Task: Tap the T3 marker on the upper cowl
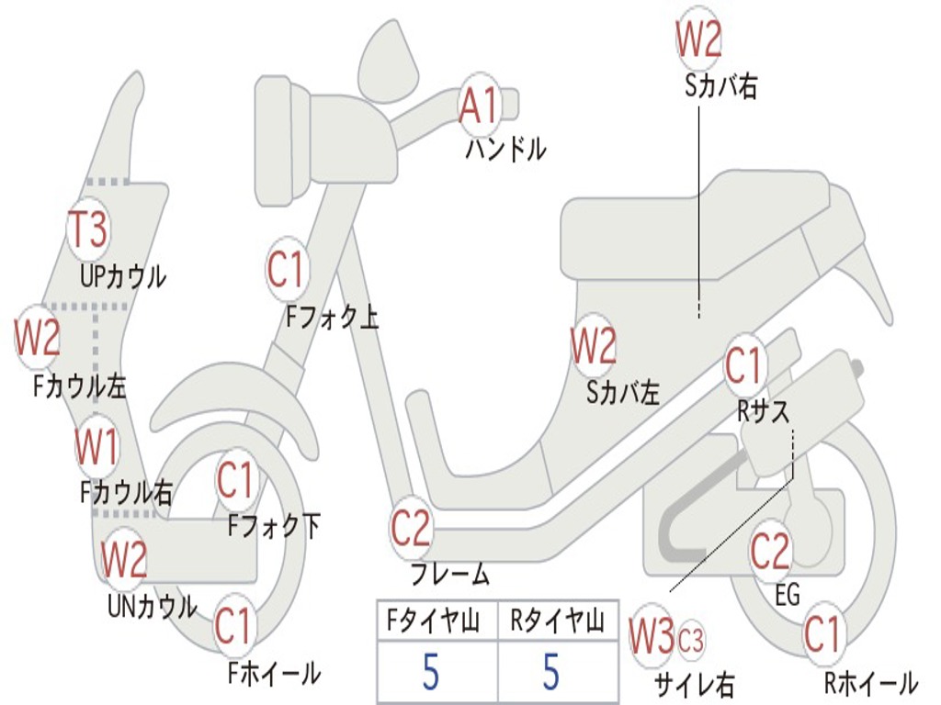[x=90, y=229]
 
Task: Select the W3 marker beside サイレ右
[x=652, y=637]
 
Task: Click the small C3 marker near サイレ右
[x=690, y=639]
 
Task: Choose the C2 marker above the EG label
[x=770, y=550]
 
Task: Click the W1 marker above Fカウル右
[x=96, y=447]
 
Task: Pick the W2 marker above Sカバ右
[x=698, y=39]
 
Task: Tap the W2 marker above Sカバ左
[x=593, y=346]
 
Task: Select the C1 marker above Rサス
[x=744, y=364]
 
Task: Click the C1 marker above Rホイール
[x=822, y=633]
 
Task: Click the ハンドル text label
[x=505, y=148]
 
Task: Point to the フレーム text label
[x=450, y=576]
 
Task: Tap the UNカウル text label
[x=152, y=606]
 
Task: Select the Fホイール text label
[x=274, y=673]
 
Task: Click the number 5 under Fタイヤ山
[x=431, y=672]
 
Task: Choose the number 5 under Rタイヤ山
[x=550, y=672]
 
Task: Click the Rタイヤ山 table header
[x=557, y=622]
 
